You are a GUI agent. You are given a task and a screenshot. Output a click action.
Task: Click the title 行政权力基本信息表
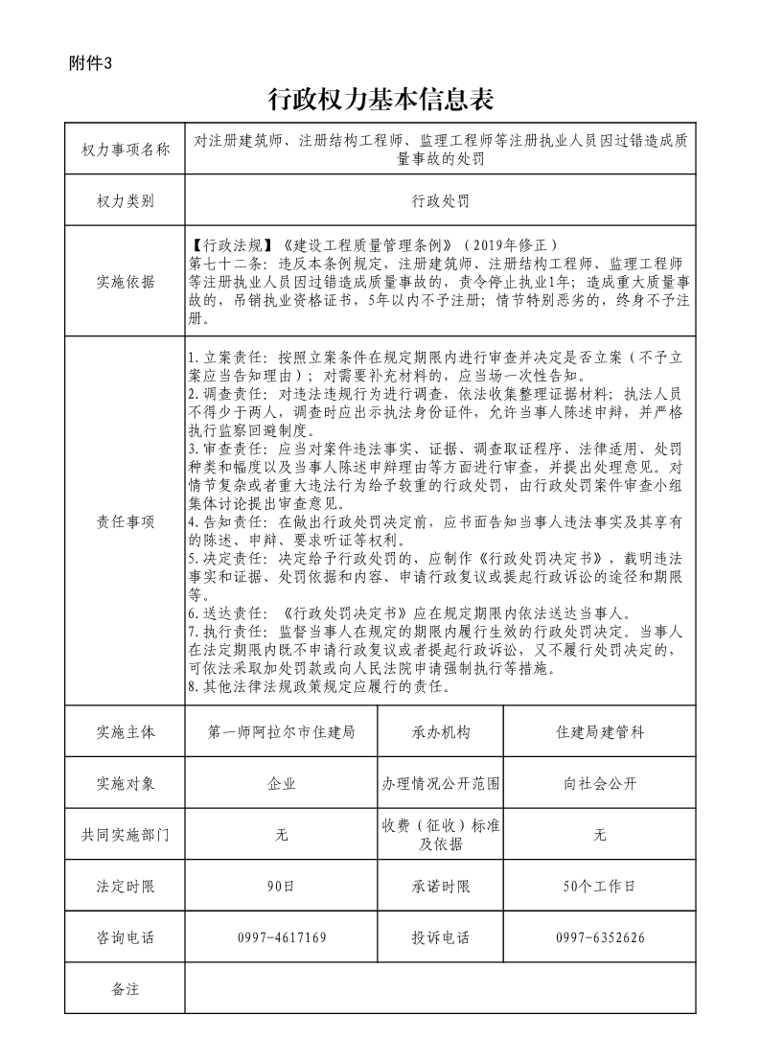380,100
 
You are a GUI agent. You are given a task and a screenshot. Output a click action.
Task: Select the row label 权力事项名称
126,150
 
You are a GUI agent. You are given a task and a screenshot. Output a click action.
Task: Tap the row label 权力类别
126,201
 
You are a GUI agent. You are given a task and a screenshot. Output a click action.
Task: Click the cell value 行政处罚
440,201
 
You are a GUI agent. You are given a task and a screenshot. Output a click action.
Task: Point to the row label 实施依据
126,282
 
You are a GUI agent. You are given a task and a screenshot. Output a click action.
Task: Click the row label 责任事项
126,521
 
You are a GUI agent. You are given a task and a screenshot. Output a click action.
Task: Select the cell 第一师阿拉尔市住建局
282,731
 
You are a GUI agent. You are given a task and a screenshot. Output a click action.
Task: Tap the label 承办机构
441,731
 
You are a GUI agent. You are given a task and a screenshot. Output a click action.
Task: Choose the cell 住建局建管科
600,731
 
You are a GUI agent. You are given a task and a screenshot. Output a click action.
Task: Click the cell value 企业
282,783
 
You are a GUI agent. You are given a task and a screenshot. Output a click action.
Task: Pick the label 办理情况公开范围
441,783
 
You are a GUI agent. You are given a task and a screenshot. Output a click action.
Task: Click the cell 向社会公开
600,783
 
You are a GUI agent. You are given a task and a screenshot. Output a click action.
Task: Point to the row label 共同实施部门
126,835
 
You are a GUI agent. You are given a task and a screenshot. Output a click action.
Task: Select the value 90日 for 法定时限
282,887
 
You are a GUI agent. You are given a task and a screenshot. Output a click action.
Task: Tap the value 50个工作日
600,887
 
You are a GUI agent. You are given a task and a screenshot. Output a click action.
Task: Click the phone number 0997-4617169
282,937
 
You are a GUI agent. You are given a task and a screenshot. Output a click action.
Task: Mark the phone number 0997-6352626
600,937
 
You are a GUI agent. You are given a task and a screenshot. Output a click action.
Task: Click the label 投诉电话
441,937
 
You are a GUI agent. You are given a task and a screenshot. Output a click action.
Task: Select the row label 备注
126,989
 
